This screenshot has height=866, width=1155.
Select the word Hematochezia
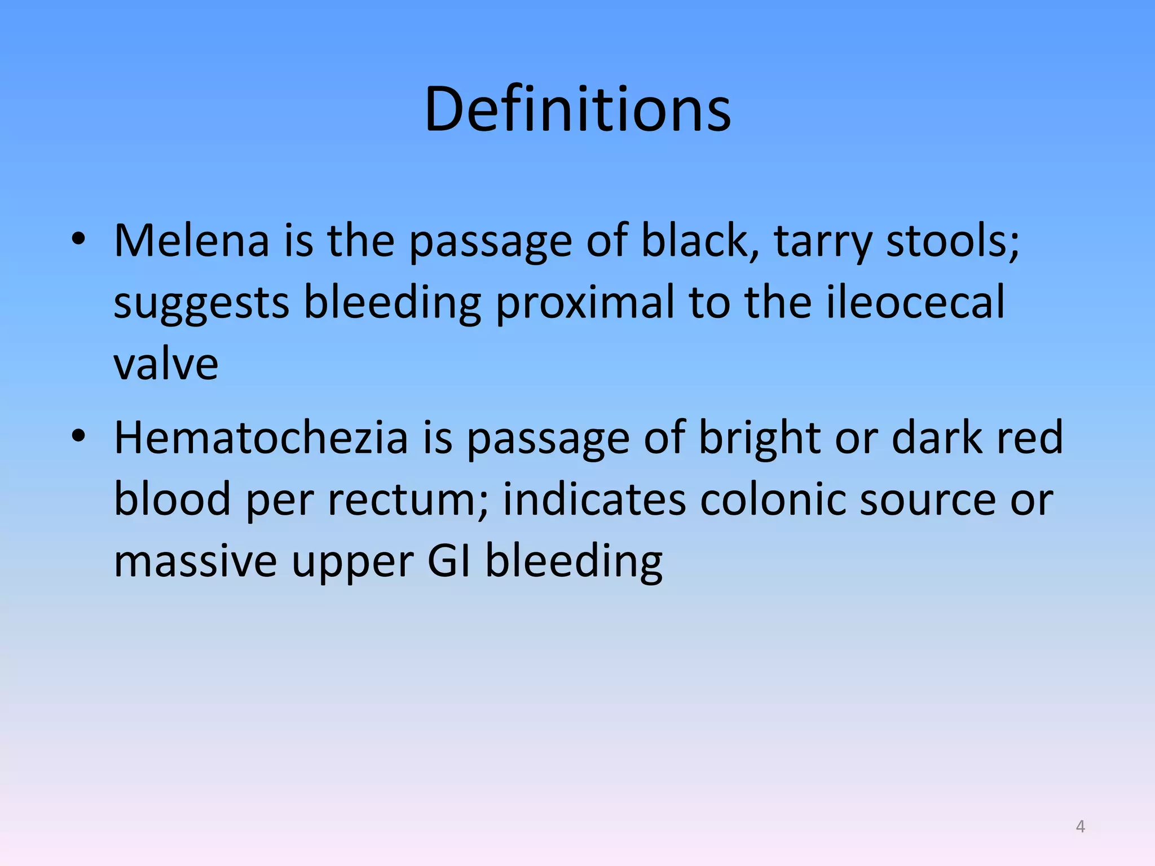coord(261,438)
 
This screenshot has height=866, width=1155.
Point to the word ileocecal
coord(915,302)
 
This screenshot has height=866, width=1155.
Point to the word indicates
coord(594,499)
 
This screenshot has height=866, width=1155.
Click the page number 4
coord(1080,827)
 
